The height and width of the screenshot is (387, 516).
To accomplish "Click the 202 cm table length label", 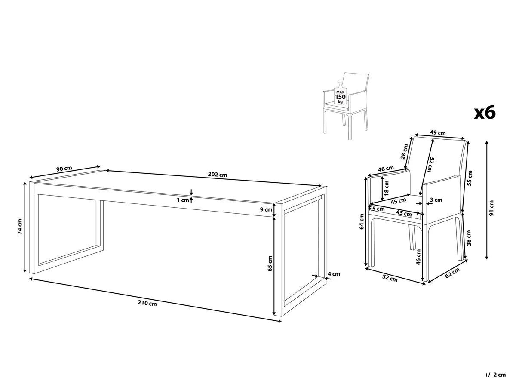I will [217, 175].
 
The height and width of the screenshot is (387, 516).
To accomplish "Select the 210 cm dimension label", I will [147, 303].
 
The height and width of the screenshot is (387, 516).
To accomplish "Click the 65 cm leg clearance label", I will [270, 263].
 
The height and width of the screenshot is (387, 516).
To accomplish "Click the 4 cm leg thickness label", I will [334, 273].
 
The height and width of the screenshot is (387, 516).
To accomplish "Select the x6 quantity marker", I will [485, 113].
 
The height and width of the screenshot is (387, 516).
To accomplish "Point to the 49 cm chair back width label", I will [439, 133].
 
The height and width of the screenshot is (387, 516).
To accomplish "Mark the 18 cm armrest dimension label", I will [387, 187].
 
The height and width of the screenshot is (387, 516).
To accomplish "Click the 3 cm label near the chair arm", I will [436, 200].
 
